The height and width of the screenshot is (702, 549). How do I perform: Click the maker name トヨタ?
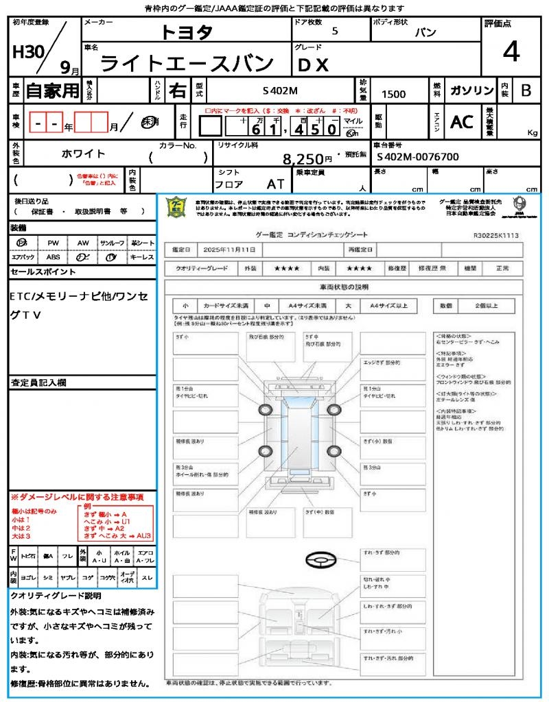click(187, 32)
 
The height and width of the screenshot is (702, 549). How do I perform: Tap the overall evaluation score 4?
click(511, 52)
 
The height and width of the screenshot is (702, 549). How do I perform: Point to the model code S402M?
click(280, 91)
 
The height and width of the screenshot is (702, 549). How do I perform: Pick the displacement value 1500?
click(393, 95)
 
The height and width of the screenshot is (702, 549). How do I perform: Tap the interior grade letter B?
click(526, 90)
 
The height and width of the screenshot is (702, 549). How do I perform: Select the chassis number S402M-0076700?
click(418, 157)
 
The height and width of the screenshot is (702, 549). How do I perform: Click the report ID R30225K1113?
click(495, 235)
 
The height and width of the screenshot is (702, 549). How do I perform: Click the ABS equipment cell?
click(54, 257)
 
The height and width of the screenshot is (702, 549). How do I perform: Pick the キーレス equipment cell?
click(142, 257)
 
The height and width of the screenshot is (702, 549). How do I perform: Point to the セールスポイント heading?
click(43, 272)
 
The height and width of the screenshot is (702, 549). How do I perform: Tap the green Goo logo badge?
click(177, 207)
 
